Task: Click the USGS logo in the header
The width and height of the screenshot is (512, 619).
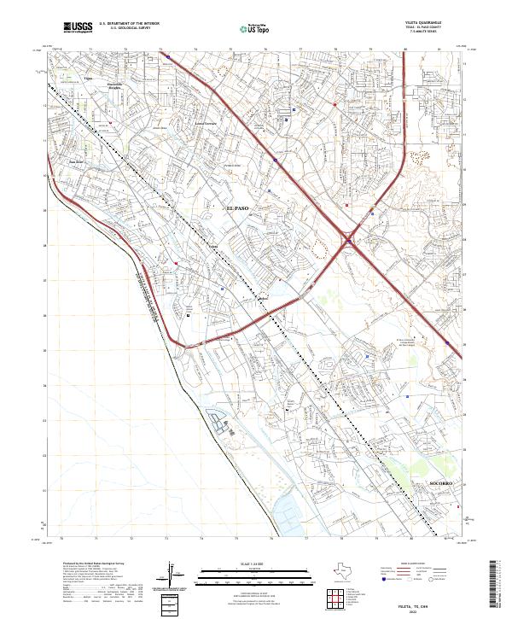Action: point(78,28)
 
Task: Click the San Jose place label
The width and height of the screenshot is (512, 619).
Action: point(75,160)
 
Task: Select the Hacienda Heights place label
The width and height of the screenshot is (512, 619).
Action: point(114,86)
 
